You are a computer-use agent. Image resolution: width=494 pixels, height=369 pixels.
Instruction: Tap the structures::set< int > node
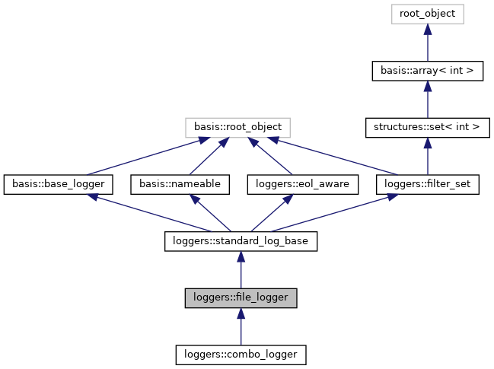pyautogui.click(x=427, y=127)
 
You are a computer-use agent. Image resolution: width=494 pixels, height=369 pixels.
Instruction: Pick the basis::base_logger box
pyautogui.click(x=59, y=183)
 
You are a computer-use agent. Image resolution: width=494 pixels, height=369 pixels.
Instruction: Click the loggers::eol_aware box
pyautogui.click(x=284, y=183)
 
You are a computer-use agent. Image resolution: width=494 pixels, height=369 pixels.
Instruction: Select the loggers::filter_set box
pyautogui.click(x=427, y=183)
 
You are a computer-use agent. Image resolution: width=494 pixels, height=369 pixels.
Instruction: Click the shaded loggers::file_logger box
pyautogui.click(x=241, y=297)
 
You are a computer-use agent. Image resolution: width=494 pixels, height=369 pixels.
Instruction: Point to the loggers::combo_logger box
pyautogui.click(x=241, y=354)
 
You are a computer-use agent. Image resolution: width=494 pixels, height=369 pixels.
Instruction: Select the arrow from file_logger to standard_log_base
pyautogui.click(x=241, y=269)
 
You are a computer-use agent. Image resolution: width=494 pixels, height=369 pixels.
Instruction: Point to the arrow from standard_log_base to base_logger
pyautogui.click(x=145, y=213)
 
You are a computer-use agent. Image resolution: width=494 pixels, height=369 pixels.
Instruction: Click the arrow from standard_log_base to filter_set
pyautogui.click(x=335, y=213)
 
